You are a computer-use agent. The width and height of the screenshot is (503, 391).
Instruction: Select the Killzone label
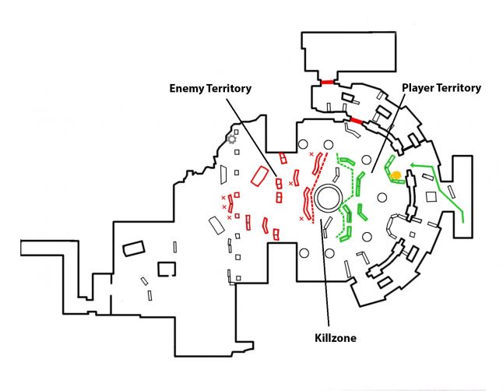coord(329,338)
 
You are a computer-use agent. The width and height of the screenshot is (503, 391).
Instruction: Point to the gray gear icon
coord(231,139)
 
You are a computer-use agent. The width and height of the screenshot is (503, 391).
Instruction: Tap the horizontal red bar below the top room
coord(325,82)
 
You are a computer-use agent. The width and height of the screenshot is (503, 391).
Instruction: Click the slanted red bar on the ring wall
coord(356,122)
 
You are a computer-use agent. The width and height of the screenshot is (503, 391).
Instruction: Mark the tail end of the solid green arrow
coord(465,222)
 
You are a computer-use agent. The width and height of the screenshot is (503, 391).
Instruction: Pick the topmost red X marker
coord(311,155)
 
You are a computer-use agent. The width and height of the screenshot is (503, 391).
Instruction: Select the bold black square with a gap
coord(167,269)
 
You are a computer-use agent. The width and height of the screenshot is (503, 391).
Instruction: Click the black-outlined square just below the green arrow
coord(431,196)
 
